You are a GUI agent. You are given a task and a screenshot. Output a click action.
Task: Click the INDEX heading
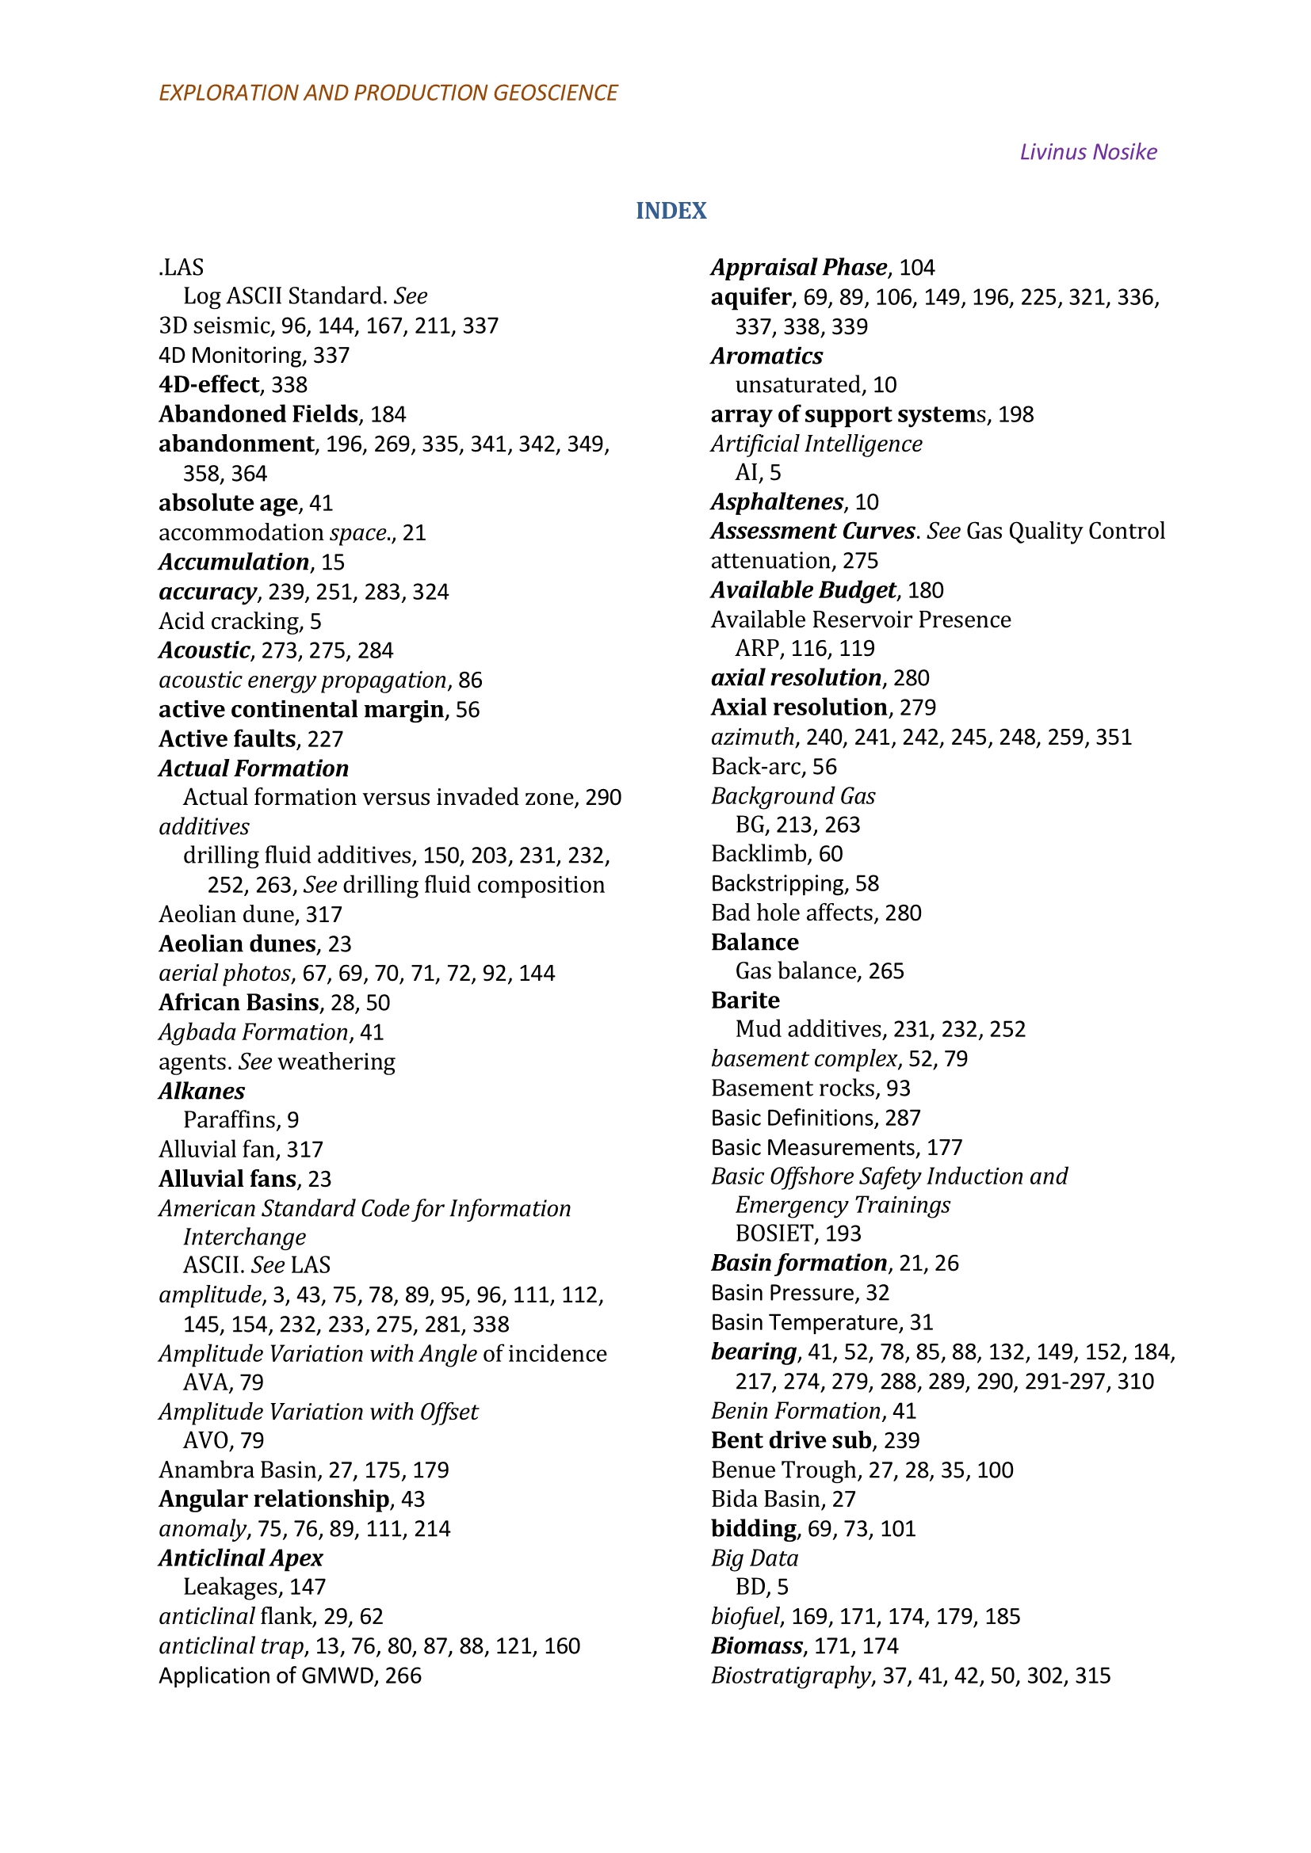[671, 211]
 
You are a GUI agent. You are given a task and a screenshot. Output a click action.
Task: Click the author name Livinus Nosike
[1087, 152]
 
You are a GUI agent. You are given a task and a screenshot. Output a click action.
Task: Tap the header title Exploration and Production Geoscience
[388, 93]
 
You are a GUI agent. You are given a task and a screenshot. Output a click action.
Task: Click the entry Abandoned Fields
[258, 414]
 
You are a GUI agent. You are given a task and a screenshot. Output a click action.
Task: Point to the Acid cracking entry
[230, 621]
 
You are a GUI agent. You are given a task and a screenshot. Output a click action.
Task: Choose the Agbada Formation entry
[254, 1032]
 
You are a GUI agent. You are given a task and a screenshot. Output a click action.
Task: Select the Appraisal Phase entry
[798, 267]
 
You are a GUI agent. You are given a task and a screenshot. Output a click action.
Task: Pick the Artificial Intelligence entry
[816, 444]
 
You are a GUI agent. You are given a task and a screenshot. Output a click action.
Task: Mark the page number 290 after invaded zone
[603, 798]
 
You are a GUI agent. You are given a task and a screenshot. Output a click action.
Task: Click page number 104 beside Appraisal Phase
[917, 268]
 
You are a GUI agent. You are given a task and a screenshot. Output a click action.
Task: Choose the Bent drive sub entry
[790, 1440]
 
